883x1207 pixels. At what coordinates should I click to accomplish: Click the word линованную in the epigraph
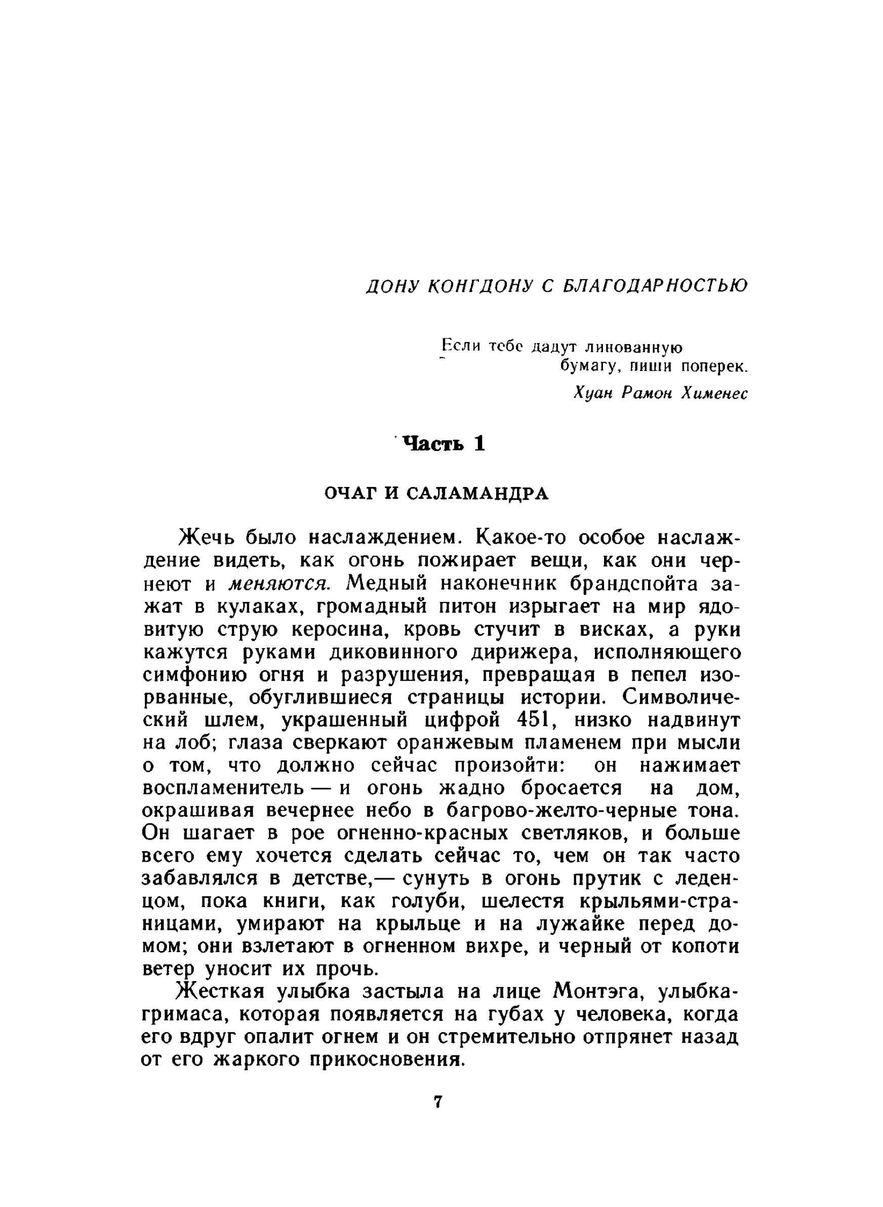coord(633,348)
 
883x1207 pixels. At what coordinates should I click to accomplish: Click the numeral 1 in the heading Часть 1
coord(478,443)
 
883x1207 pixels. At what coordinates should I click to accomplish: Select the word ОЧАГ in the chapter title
coord(349,494)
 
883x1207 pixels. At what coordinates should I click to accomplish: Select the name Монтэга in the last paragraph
coord(597,992)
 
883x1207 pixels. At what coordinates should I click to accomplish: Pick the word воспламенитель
coord(224,788)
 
